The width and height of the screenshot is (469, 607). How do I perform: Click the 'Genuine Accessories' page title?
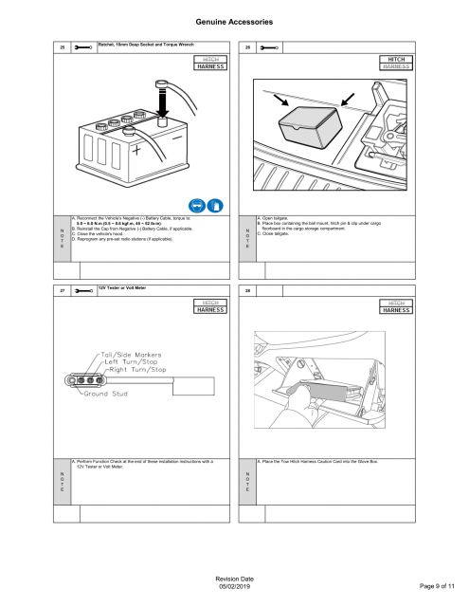point(234,20)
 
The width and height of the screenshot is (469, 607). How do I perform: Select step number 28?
point(247,292)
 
